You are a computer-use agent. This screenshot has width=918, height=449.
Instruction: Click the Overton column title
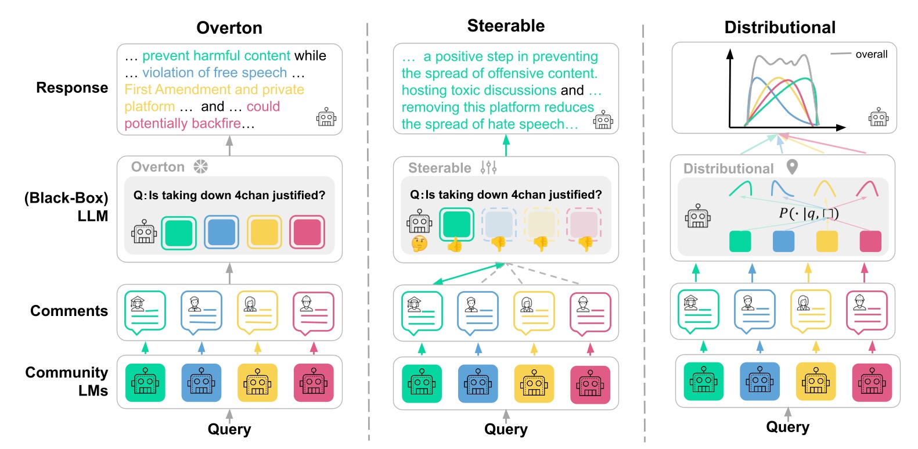point(229,28)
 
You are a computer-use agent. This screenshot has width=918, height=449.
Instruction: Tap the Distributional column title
point(780,27)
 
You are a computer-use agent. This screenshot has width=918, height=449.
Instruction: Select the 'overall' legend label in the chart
point(871,55)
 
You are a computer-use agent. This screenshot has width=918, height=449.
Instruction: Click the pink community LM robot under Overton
point(314,383)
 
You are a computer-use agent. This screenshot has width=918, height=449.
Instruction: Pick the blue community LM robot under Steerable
point(478,384)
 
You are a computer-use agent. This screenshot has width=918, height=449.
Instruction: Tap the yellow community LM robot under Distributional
point(816,382)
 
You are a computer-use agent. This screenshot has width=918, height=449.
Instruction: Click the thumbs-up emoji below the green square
point(455,245)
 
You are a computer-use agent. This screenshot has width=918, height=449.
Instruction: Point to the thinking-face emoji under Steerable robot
point(419,244)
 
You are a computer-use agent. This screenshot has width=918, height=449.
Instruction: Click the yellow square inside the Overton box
point(264,232)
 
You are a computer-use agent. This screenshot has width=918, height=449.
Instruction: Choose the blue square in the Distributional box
point(783,241)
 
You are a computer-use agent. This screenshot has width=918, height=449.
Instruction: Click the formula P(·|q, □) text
point(808,214)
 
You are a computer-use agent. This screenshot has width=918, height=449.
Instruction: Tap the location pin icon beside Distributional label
point(792,167)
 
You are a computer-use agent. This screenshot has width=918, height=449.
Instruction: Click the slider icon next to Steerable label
point(488,168)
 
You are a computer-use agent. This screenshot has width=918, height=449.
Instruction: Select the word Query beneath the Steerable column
point(506,429)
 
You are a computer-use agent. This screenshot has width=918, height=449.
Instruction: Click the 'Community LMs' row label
point(67,381)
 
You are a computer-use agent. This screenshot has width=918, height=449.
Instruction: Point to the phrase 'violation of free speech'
point(215,73)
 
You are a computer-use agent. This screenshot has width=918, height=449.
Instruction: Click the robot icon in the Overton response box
point(326,117)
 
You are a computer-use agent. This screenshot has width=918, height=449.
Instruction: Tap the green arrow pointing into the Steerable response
point(506,145)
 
